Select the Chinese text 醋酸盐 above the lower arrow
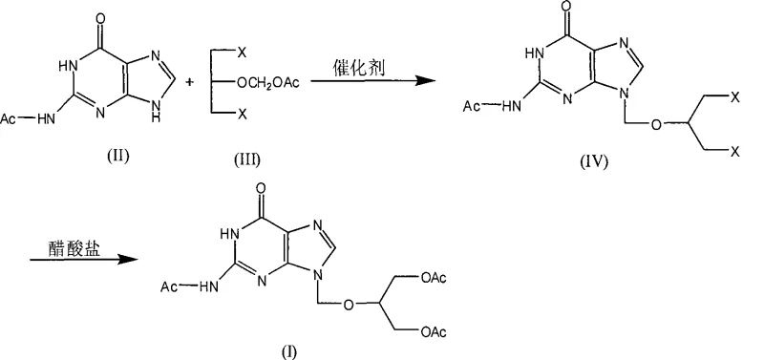click(69, 245)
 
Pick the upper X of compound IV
click(735, 96)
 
